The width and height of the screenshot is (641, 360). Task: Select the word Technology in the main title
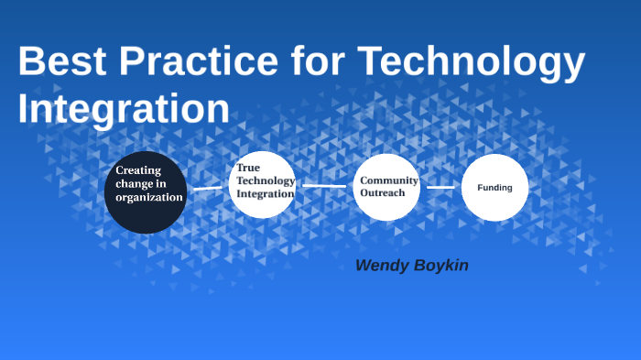[x=472, y=62]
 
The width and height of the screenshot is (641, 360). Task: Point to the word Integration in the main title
[x=124, y=107]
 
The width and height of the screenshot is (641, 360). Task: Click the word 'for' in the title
[x=316, y=62]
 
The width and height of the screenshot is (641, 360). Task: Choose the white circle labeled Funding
[x=494, y=188]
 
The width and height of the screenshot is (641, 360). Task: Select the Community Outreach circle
[x=386, y=188]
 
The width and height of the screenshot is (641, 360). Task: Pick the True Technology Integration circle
[x=262, y=184]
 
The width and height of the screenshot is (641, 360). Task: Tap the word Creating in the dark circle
[x=138, y=169]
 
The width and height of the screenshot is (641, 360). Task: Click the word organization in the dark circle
[x=149, y=197]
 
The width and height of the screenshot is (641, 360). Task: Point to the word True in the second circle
[x=248, y=168]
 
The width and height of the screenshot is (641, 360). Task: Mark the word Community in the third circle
[x=389, y=180]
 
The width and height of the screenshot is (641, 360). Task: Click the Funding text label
[x=494, y=188]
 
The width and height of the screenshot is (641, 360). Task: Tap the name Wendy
[x=386, y=266]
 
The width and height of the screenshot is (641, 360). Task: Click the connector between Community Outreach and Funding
[x=440, y=187]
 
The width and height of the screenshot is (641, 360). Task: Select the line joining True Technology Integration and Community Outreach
[x=324, y=185]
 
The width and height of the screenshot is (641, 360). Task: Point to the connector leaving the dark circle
[x=208, y=189]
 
